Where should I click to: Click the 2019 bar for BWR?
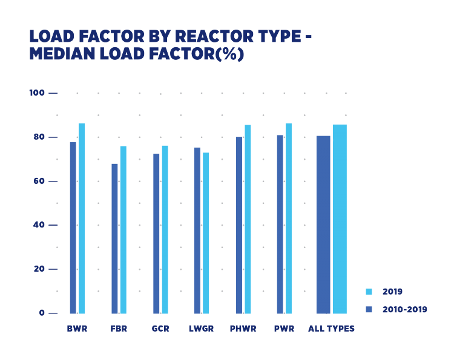pos(82,218)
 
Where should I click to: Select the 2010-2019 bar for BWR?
pos(73,227)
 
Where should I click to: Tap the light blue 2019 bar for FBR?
pos(123,230)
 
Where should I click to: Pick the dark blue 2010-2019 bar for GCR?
pos(156,234)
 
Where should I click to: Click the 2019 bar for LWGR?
pos(206,233)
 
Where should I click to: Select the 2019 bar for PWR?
pos(289,218)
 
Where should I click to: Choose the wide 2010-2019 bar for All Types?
pos(323,224)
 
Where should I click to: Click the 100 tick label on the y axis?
pos(37,93)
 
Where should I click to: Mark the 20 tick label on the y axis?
pos(39,269)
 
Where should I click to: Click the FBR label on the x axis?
pos(119,329)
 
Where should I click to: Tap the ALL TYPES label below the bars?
pos(331,329)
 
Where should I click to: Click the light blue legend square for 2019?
pos(369,292)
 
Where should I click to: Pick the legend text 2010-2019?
pos(404,310)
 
